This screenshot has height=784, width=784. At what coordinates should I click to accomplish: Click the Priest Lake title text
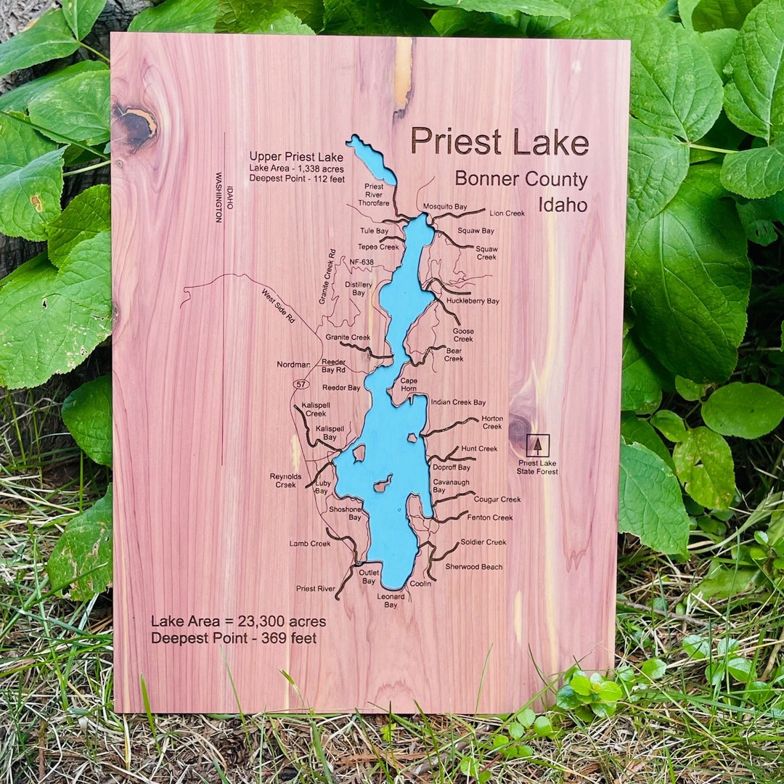click(x=499, y=141)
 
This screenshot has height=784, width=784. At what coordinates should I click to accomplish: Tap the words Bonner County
click(x=521, y=179)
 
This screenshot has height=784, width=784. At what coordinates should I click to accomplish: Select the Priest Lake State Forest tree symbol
click(x=537, y=445)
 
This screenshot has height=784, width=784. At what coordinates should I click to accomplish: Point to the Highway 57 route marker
click(x=300, y=383)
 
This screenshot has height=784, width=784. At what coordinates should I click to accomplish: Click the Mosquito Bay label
click(x=445, y=207)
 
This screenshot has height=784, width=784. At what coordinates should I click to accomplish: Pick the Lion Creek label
click(x=507, y=213)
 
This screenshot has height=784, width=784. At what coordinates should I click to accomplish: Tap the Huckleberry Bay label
click(x=473, y=301)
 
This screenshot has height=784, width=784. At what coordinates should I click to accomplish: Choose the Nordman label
click(x=293, y=364)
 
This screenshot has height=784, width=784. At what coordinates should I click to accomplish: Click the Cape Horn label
click(x=409, y=385)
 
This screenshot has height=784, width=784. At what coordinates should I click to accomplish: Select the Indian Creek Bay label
click(x=458, y=402)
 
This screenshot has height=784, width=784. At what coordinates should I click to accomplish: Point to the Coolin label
click(x=420, y=584)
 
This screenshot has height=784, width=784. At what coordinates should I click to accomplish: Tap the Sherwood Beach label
click(x=473, y=567)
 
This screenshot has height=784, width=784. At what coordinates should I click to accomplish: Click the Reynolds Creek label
click(x=285, y=481)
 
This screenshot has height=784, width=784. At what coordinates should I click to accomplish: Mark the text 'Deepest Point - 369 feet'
click(x=234, y=639)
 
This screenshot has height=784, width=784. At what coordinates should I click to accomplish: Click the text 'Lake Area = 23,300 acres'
click(x=238, y=622)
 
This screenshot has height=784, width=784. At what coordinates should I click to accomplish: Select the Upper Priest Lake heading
click(x=296, y=157)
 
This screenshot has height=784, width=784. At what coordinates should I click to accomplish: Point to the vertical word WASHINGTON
click(x=219, y=197)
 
